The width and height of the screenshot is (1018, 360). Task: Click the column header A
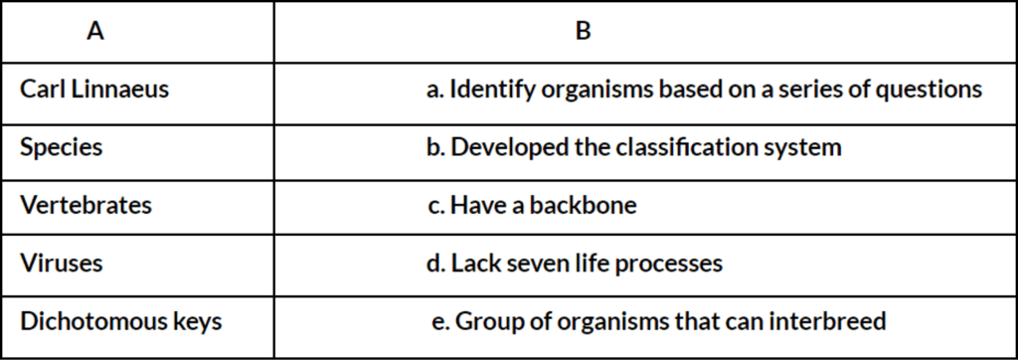[x=95, y=31]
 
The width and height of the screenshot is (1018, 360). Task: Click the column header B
[x=583, y=31]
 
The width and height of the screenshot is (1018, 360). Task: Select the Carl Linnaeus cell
[x=94, y=90]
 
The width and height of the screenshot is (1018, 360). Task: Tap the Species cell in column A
[x=61, y=147]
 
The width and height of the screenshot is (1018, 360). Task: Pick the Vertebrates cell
[x=86, y=206]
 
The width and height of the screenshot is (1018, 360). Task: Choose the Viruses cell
[x=62, y=264]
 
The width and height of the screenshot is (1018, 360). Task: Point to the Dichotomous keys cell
[x=120, y=322]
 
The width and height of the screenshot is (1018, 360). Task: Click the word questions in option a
[x=932, y=90]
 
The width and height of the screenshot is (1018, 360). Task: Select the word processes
[x=674, y=264]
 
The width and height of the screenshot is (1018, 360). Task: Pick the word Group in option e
[x=486, y=322]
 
